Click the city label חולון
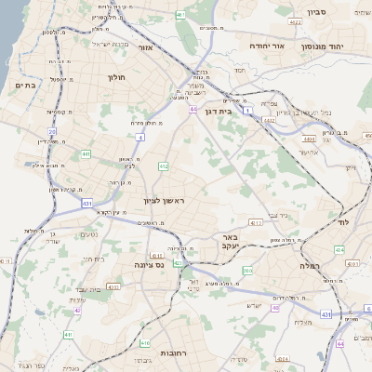pyautogui.click(x=117, y=78)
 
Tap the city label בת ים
pyautogui.click(x=25, y=86)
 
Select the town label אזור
pyautogui.click(x=144, y=46)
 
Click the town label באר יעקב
pyautogui.click(x=231, y=243)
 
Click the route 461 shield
pyautogui.click(x=179, y=15)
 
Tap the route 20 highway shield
pyautogui.click(x=53, y=132)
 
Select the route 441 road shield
pyautogui.click(x=86, y=154)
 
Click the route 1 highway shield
pyautogui.click(x=249, y=112)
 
